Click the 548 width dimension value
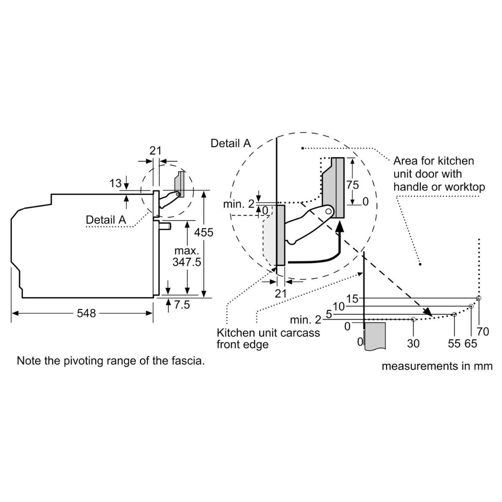pyautogui.click(x=86, y=313)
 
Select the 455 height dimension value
pyautogui.click(x=205, y=232)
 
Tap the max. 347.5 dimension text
pyautogui.click(x=187, y=256)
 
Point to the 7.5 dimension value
pyautogui.click(x=182, y=305)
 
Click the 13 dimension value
pyautogui.click(x=115, y=183)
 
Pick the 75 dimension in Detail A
pyautogui.click(x=353, y=184)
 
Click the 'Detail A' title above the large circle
pyautogui.click(x=231, y=143)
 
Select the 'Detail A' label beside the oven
pyautogui.click(x=105, y=220)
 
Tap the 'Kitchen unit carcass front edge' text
pyautogui.click(x=268, y=338)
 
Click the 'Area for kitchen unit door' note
pyautogui.click(x=439, y=174)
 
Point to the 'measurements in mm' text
pyautogui.click(x=437, y=366)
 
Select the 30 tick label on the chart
pyautogui.click(x=413, y=343)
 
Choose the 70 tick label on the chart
pyautogui.click(x=483, y=332)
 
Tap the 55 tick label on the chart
pyautogui.click(x=454, y=343)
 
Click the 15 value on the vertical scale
pyautogui.click(x=353, y=299)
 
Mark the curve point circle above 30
pyautogui.click(x=413, y=320)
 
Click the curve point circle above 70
pyautogui.click(x=479, y=298)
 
